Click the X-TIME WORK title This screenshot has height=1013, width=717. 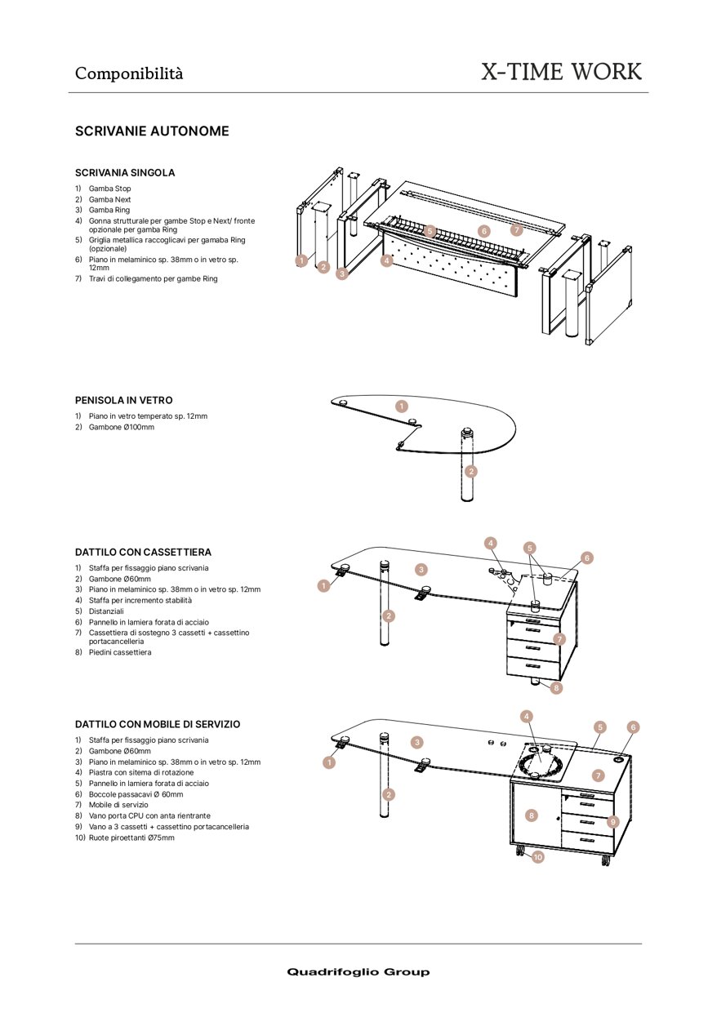[561, 72]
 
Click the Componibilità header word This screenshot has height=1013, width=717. [129, 73]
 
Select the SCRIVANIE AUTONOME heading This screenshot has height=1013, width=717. [152, 131]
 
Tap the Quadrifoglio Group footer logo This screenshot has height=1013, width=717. [358, 971]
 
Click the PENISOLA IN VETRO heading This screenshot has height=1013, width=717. [123, 401]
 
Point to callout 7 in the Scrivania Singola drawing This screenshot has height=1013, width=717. [516, 230]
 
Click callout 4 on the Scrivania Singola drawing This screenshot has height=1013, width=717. [387, 261]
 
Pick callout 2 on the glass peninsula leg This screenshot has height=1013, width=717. [470, 471]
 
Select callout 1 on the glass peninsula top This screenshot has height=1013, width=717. [401, 406]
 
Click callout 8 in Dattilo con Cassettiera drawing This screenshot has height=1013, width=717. [556, 688]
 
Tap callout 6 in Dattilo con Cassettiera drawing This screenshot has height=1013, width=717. [587, 558]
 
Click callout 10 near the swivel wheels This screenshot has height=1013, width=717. [537, 857]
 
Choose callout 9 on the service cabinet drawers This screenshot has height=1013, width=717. [612, 821]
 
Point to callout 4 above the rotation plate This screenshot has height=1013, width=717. [527, 716]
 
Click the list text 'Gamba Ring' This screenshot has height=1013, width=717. [109, 211]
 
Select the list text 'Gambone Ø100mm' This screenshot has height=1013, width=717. [121, 427]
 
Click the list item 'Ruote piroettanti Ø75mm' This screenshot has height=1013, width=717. [131, 838]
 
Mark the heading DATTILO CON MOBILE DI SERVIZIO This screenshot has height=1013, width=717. [158, 725]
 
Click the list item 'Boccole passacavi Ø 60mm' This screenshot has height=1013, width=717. [136, 794]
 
